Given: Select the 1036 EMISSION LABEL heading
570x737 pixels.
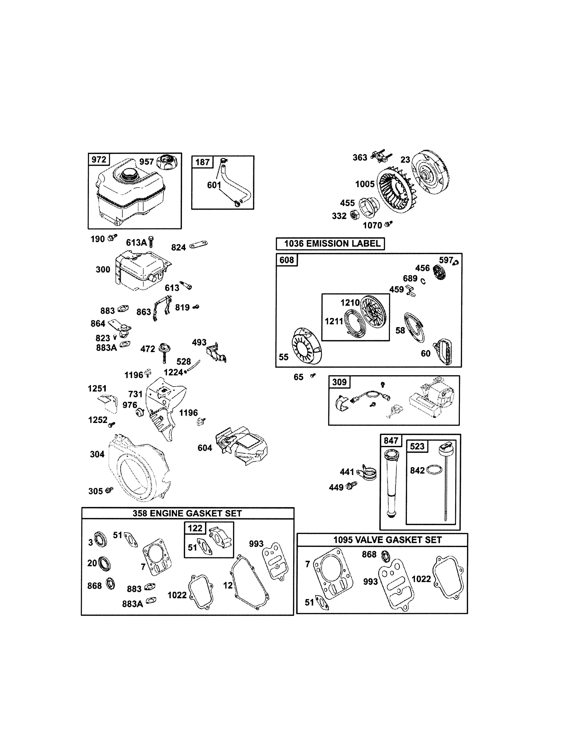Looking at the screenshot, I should click(x=330, y=244).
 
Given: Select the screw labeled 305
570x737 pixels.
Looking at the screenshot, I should click(x=109, y=490).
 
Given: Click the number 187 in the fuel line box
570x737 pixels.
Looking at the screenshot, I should click(x=202, y=162).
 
